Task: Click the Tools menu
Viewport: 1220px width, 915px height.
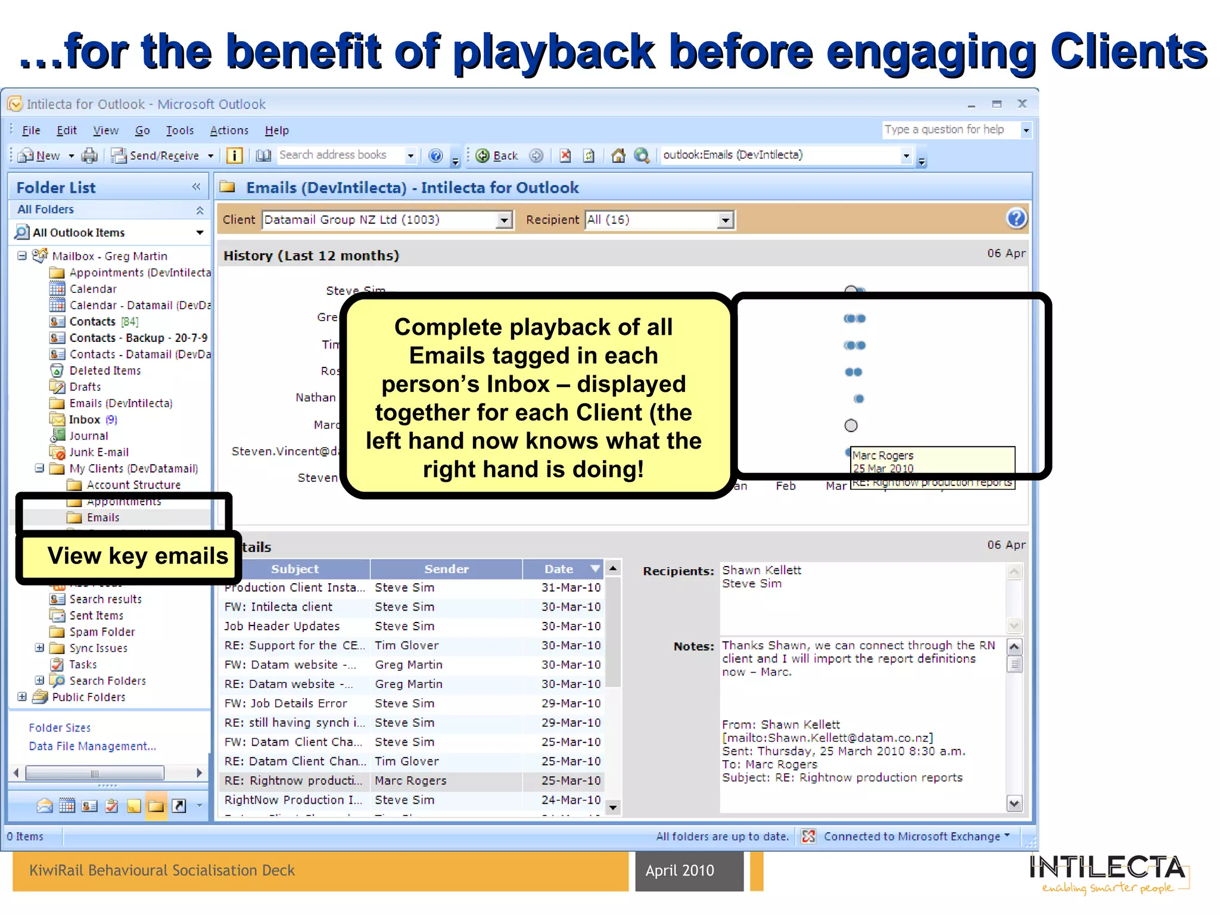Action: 179,130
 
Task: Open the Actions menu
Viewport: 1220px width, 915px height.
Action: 229,130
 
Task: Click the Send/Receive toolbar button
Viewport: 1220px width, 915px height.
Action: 163,155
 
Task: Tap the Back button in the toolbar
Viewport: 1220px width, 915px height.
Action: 498,155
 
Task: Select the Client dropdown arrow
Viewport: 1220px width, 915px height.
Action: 504,220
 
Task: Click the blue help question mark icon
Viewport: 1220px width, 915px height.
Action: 1016,219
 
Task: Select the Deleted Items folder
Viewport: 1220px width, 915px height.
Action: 105,371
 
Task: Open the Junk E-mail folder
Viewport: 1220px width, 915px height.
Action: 99,452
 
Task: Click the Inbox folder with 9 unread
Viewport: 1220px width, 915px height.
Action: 85,419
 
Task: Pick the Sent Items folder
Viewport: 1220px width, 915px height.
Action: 96,615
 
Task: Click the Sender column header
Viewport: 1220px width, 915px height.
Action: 446,569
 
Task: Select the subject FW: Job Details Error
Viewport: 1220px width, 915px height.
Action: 285,704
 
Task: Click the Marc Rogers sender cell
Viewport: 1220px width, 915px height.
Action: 410,780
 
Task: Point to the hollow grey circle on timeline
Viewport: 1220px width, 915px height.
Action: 851,425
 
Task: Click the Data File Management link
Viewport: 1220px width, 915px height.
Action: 92,746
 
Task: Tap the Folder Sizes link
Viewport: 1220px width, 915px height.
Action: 60,728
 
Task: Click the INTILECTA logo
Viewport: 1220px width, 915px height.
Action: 1107,872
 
